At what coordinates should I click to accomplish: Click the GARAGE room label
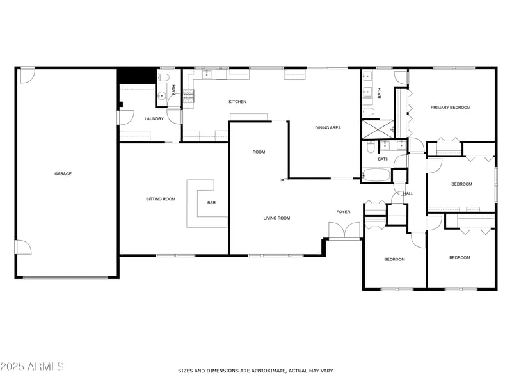coord(63,174)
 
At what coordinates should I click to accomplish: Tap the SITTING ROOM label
coord(161,199)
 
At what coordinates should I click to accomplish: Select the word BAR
coord(211,203)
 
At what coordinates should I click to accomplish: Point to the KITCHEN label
coord(237,102)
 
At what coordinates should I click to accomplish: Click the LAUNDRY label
coord(154,119)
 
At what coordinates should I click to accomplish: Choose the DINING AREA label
coord(328,128)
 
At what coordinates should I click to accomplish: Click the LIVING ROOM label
coord(276,218)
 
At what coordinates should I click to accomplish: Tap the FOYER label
coord(344,212)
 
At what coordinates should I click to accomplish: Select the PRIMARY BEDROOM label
coord(451,108)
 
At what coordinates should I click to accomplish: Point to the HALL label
coord(408,193)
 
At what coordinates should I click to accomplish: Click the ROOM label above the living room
coord(259,152)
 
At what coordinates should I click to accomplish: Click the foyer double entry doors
coord(344,230)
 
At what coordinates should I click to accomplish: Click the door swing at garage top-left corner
coord(27,76)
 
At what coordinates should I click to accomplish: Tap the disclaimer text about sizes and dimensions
coord(255,371)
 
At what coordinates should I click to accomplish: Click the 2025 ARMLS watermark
coord(32,367)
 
